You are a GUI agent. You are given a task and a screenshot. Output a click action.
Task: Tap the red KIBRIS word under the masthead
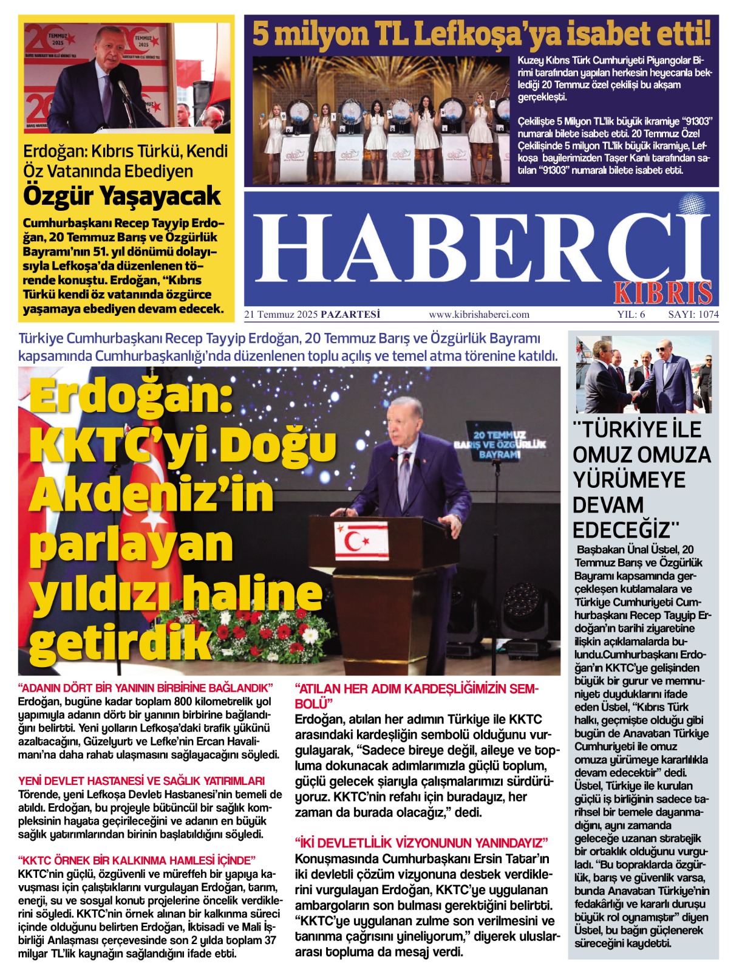click(x=662, y=293)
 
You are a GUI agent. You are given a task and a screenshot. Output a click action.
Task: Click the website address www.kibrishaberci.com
click(x=479, y=315)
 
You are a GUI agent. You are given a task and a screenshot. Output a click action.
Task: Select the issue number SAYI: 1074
click(x=693, y=315)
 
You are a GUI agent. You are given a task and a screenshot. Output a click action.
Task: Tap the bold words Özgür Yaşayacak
click(x=122, y=196)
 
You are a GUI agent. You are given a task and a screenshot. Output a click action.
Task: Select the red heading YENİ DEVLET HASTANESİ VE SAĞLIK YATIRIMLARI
click(x=141, y=781)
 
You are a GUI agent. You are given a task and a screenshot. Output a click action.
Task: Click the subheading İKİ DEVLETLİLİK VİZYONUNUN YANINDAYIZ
click(x=421, y=843)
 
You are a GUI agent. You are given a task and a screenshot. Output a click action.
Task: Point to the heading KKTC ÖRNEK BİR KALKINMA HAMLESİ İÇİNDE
click(x=137, y=860)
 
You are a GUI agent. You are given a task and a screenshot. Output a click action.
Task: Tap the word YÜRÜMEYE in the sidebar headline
click(x=629, y=480)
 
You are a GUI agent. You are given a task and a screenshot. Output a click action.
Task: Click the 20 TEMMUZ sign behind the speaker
click(x=500, y=445)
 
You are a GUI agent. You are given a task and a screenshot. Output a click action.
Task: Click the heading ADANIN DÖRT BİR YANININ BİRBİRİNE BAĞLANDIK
click(x=146, y=688)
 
